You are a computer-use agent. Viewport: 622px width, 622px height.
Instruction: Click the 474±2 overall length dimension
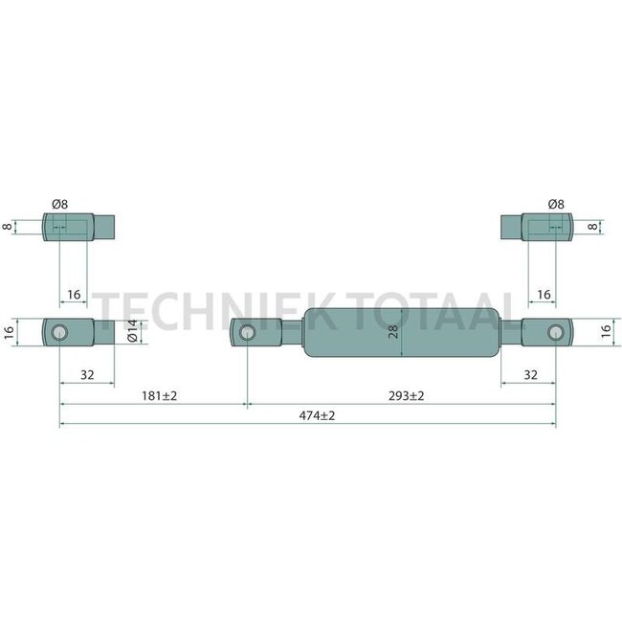(x=317, y=415)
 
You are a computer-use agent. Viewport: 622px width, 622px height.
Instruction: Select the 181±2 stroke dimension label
(x=160, y=396)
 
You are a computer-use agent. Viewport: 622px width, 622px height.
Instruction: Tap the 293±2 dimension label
(x=406, y=396)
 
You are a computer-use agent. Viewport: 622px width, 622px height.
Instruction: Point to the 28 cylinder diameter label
(x=393, y=332)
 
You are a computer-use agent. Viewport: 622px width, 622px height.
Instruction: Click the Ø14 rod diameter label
(x=132, y=330)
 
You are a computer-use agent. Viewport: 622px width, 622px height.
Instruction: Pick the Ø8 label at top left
(x=60, y=204)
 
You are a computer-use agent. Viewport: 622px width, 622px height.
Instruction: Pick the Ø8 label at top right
(x=556, y=204)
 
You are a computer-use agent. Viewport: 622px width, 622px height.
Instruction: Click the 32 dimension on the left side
(x=87, y=375)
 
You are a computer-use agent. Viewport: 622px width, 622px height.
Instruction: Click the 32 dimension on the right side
(x=531, y=375)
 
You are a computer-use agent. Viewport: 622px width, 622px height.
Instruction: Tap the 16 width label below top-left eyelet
(x=74, y=295)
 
